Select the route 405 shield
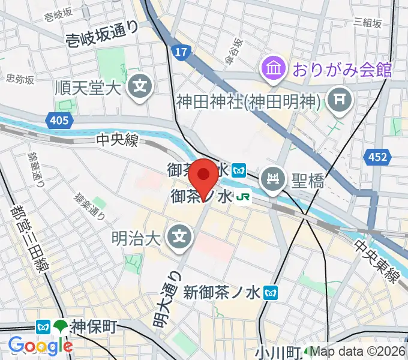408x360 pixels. coord(59,121)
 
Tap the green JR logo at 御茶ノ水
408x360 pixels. coord(242,197)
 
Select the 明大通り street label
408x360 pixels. coord(167,299)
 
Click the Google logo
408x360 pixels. coord(40,346)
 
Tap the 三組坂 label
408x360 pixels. coord(368,23)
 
